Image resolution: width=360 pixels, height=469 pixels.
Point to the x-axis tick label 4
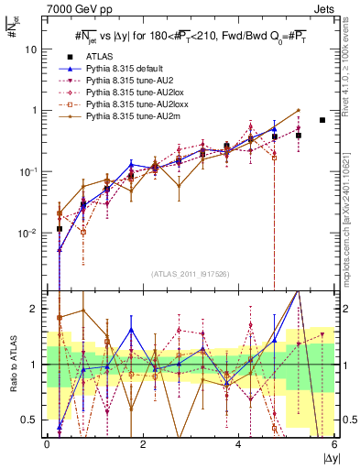click(238, 444)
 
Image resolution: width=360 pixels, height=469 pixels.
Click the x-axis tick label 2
click(143, 444)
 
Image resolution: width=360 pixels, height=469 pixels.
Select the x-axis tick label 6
click(333, 444)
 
